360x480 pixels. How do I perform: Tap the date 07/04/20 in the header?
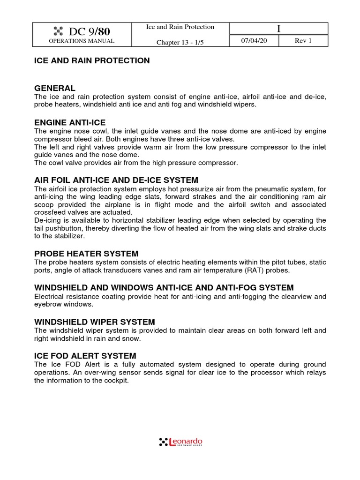click(253, 41)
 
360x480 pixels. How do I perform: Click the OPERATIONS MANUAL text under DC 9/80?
click(82, 41)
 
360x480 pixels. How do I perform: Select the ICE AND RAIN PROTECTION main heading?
click(92, 60)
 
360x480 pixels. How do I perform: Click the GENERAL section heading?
click(55, 88)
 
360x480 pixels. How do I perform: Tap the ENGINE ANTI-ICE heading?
click(70, 122)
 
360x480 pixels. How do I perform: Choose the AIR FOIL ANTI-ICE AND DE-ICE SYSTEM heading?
click(116, 180)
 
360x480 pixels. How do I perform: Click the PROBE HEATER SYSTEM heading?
click(86, 253)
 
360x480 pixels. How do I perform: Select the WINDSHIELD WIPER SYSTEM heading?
click(95, 322)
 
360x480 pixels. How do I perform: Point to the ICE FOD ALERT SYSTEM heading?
click(85, 356)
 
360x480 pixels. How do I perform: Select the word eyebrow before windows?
click(48, 304)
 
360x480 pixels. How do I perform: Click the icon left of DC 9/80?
click(58, 32)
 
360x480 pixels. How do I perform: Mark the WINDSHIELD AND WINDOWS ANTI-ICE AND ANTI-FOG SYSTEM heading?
click(164, 287)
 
